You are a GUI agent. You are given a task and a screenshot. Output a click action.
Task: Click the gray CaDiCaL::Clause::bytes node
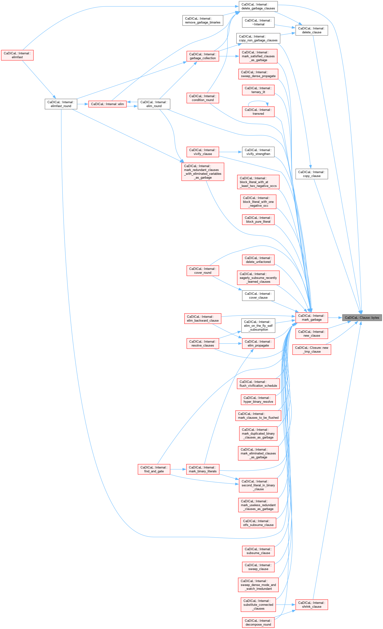point(362,317)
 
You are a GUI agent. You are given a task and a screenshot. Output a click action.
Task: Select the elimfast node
point(17,55)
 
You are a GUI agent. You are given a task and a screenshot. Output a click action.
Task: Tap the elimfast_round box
point(61,104)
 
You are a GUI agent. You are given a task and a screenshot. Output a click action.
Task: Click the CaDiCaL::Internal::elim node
point(107,104)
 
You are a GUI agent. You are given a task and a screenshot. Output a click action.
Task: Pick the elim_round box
point(154,104)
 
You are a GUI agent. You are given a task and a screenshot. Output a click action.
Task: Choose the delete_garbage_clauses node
point(258,6)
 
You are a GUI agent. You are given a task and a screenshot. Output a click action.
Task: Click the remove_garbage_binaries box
point(203,20)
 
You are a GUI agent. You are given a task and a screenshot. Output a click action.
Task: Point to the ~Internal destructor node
point(258,23)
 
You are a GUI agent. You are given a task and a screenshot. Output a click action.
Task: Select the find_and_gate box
point(154,469)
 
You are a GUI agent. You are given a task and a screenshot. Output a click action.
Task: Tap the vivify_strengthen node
point(258,152)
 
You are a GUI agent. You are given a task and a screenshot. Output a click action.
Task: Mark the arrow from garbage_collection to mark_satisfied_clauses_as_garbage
point(229,56)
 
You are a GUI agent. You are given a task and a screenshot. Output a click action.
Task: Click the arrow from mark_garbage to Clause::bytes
point(335,317)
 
